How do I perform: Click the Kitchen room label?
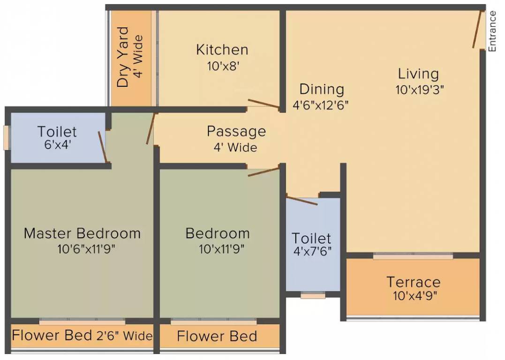tap(222, 49)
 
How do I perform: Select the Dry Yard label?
tap(123, 57)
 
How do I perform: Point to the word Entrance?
tap(492, 31)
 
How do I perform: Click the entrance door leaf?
tap(478, 29)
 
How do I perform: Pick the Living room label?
tap(418, 74)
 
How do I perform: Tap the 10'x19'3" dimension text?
tap(420, 90)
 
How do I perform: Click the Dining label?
tap(322, 89)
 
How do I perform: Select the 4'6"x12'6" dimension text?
tap(321, 105)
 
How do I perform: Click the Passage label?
tap(236, 131)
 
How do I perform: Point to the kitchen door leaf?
tap(264, 105)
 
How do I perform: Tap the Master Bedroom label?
tap(82, 233)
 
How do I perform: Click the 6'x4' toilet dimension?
tap(57, 146)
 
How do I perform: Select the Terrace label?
tap(413, 282)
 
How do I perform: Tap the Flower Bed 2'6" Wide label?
tap(82, 336)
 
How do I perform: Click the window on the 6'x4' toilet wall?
tap(6, 138)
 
